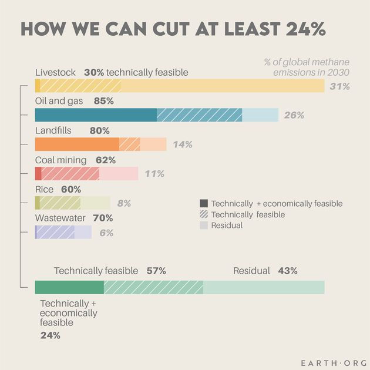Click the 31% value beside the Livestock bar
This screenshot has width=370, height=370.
pyautogui.click(x=339, y=86)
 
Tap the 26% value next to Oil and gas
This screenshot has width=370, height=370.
pyautogui.click(x=294, y=115)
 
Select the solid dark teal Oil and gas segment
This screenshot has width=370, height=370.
pyautogui.click(x=96, y=115)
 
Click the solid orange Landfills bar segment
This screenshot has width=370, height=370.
pyautogui.click(x=77, y=144)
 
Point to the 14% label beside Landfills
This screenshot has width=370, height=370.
pyautogui.click(x=182, y=144)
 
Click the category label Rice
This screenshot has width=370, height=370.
pyautogui.click(x=44, y=189)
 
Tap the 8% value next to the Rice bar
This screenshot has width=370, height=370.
pyautogui.click(x=124, y=203)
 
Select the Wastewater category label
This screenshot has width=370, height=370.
pyautogui.click(x=60, y=218)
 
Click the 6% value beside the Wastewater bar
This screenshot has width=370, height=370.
pyautogui.click(x=106, y=233)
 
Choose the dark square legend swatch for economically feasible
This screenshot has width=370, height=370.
pyautogui.click(x=204, y=203)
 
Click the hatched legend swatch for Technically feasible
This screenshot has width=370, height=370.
pyautogui.click(x=204, y=214)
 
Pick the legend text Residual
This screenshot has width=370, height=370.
pyautogui.click(x=227, y=225)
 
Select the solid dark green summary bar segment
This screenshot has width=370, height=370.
pyautogui.click(x=69, y=287)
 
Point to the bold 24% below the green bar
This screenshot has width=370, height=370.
pyautogui.click(x=50, y=335)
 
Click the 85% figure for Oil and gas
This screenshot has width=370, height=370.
pyautogui.click(x=103, y=101)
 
